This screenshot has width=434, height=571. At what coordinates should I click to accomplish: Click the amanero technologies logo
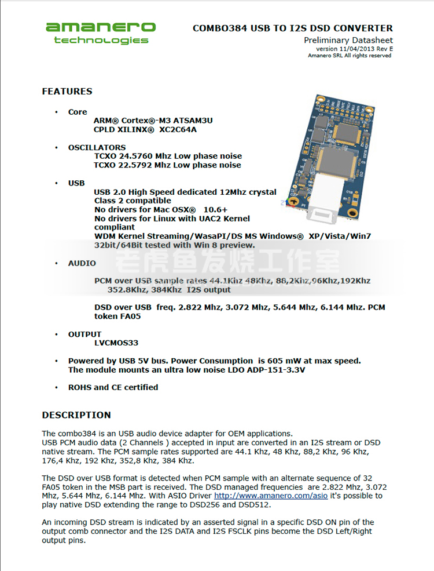[101, 32]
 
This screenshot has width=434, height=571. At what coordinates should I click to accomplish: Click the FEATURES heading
[67, 91]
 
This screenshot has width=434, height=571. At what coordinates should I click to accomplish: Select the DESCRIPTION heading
[76, 415]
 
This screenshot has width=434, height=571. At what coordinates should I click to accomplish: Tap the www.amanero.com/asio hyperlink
[271, 496]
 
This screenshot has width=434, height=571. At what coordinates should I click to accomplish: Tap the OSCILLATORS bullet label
[97, 147]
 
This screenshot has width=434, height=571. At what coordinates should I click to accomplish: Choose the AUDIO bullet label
[82, 263]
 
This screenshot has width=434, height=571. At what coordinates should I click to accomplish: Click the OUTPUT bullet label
[84, 334]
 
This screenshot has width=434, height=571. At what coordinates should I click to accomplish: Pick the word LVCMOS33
[116, 343]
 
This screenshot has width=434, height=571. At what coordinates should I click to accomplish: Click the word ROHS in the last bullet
[80, 387]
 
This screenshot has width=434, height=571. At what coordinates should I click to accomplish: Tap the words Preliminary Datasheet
[348, 41]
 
